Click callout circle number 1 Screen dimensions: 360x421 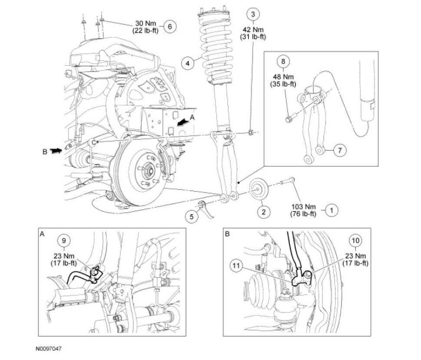331,211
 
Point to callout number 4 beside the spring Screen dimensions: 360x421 188,63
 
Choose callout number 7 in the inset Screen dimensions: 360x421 340,150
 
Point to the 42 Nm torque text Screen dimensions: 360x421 253,30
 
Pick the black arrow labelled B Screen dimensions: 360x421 56,151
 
